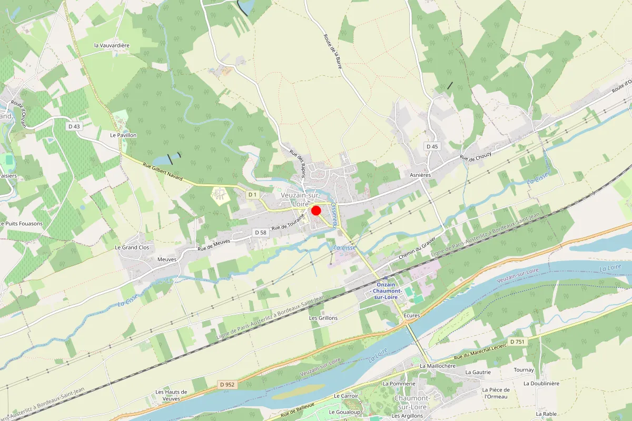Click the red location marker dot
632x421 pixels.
tap(316, 210)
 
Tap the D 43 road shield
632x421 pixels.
tap(74, 126)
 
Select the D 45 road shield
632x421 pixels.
tap(432, 146)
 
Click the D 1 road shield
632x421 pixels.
tap(253, 195)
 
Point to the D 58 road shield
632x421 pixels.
tap(260, 232)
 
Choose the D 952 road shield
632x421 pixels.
tap(227, 385)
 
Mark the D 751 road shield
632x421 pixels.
tap(517, 342)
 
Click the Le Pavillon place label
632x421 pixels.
tap(123, 135)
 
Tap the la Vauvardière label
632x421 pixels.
tap(112, 46)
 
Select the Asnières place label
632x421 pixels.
tap(420, 175)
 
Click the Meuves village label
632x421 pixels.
tap(167, 259)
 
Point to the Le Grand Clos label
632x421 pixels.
tap(132, 247)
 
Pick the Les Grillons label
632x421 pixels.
tap(323, 318)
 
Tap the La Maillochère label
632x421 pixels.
tap(438, 366)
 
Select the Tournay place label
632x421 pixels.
tap(524, 370)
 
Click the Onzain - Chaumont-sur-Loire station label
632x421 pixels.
tap(386, 291)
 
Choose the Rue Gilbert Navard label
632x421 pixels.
tap(163, 172)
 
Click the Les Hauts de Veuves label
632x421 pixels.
tap(171, 395)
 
